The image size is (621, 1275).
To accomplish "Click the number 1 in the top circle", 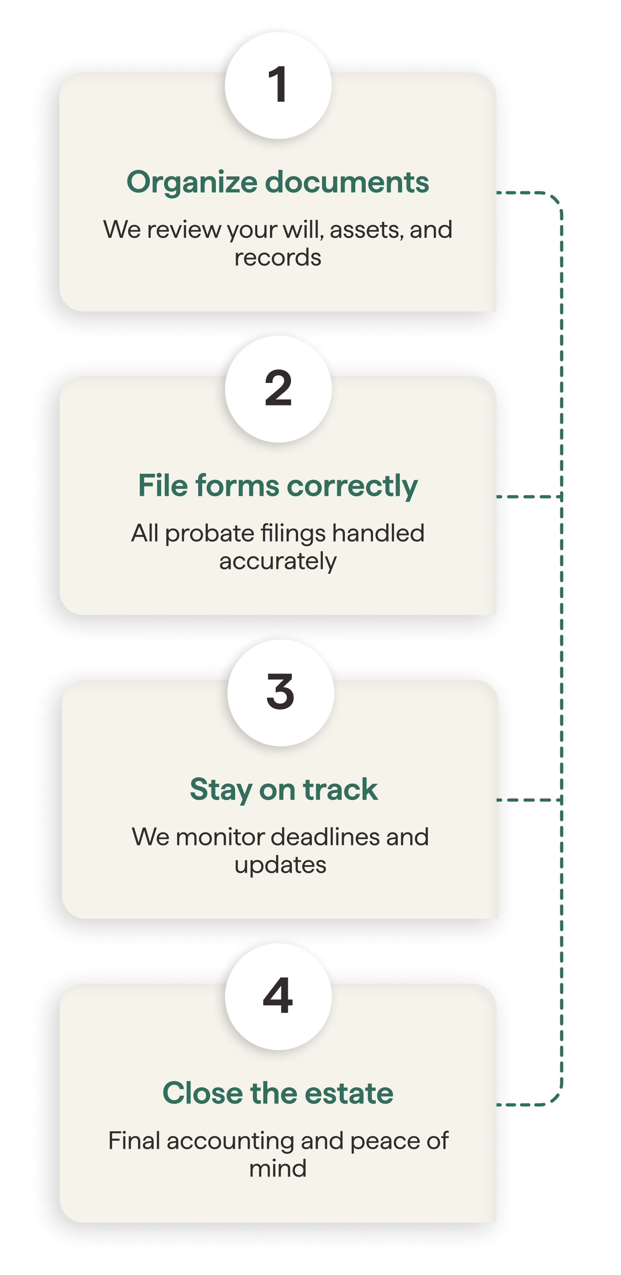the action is click(278, 85).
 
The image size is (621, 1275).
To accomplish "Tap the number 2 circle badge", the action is click(278, 389).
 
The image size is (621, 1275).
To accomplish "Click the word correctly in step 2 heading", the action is click(352, 486).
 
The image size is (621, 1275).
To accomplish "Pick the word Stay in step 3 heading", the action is click(221, 790).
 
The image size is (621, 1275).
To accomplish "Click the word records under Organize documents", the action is click(278, 258).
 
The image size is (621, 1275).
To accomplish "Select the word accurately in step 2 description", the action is click(278, 562).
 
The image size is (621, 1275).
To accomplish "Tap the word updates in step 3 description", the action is click(280, 866).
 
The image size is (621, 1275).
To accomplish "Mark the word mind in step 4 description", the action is click(278, 1169).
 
